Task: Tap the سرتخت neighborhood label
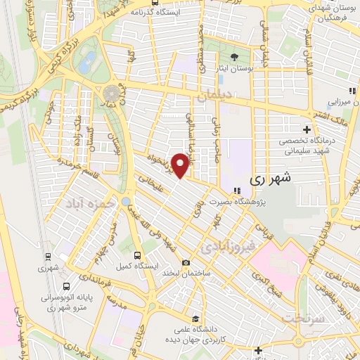[301, 319]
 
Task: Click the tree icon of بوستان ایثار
[234, 57]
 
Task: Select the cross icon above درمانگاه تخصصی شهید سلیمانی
[307, 129]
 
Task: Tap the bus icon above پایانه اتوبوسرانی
[66, 287]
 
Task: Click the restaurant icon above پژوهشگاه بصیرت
[238, 191]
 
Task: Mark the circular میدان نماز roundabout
[111, 94]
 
